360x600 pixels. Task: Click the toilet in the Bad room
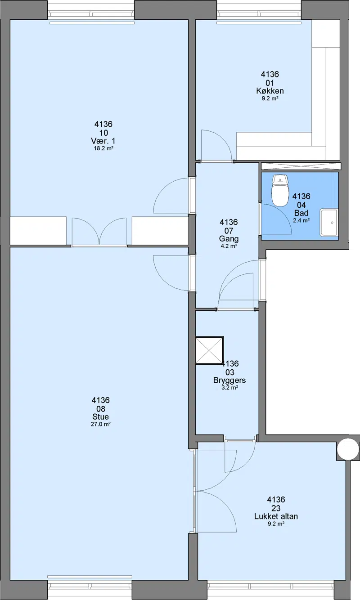click(x=280, y=190)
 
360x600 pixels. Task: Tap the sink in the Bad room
click(x=328, y=223)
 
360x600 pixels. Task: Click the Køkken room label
click(x=270, y=91)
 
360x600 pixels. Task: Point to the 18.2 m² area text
click(x=103, y=148)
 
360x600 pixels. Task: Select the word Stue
click(x=100, y=416)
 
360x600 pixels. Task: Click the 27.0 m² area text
click(x=101, y=424)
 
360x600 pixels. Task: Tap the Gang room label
click(x=229, y=239)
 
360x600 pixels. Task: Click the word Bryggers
click(x=229, y=381)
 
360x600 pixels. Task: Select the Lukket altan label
click(x=276, y=516)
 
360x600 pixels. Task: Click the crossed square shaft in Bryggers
click(x=209, y=351)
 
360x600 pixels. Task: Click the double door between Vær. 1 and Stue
click(x=99, y=232)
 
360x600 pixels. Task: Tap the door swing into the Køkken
click(x=216, y=145)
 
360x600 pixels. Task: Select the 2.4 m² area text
click(x=301, y=221)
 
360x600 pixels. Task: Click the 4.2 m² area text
click(x=229, y=246)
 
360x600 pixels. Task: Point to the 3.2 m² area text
click(x=229, y=388)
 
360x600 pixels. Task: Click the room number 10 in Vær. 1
click(x=103, y=133)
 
